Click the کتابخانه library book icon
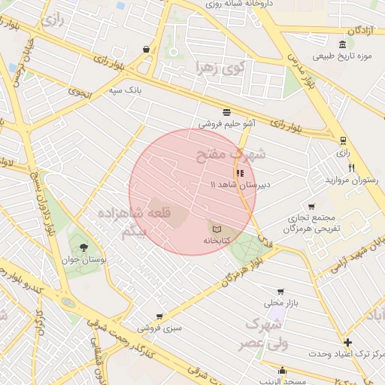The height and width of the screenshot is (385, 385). (217, 227)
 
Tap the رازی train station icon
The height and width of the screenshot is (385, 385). (343, 140)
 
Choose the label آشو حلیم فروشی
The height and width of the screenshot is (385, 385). (226, 123)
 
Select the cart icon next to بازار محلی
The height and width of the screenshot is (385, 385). (280, 292)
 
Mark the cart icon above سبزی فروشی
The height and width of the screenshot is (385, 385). (159, 317)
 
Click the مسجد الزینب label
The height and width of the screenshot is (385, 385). (282, 380)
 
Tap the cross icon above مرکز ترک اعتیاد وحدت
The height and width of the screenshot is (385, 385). (347, 343)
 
